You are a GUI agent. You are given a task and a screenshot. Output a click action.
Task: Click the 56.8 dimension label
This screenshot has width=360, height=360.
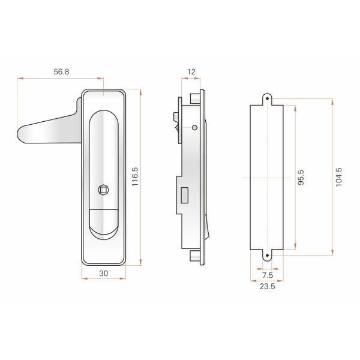coord(61,71)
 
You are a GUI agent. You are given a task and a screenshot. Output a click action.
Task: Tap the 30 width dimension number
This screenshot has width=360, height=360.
coord(103,273)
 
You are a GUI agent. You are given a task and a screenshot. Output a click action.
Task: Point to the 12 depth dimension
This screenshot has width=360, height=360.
coord(191,72)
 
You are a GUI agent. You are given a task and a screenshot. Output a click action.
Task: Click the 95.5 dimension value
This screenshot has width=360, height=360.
coord(301,178)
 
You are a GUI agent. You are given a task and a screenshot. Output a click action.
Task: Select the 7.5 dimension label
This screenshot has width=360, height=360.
coord(268,275)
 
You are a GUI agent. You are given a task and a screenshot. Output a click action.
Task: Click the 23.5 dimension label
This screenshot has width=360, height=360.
coord(268,287)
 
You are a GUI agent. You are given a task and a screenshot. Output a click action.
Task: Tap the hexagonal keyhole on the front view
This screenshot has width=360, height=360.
coord(104,190)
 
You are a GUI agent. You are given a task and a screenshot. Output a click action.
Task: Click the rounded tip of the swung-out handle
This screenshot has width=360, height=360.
coord(23,134)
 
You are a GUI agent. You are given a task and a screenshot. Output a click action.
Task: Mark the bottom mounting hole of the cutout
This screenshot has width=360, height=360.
coord(267,255)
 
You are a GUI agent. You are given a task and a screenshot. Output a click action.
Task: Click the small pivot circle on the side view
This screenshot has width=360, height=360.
coord(195,127)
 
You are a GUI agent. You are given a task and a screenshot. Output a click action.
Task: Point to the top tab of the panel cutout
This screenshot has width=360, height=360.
coord(267,98)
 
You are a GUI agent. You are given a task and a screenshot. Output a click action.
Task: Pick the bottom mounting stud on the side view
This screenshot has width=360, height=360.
coord(194,257)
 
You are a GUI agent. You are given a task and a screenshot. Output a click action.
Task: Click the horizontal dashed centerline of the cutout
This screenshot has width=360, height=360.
coord(258,178)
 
